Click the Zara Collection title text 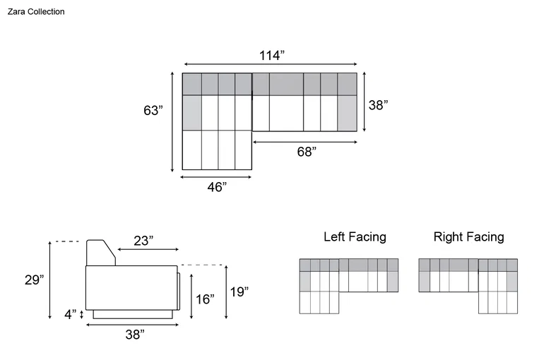36,11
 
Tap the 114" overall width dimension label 272,55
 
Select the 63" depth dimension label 153,110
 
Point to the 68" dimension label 307,151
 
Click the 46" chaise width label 217,187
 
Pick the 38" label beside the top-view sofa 378,104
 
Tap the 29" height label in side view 34,280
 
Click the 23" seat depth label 143,241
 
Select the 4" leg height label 70,314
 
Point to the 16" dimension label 205,299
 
